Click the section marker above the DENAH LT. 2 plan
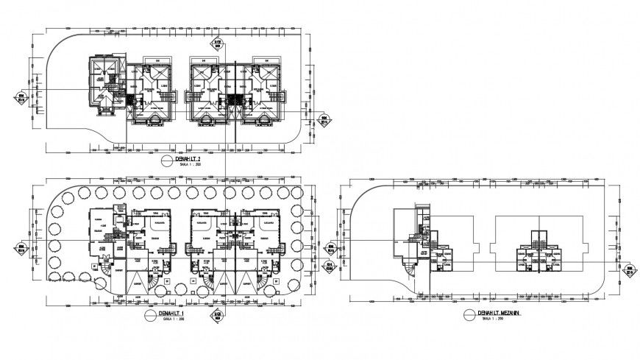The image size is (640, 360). (218, 45)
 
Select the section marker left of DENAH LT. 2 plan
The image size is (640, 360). (22, 97)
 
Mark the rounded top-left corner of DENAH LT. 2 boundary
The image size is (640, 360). (57, 46)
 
